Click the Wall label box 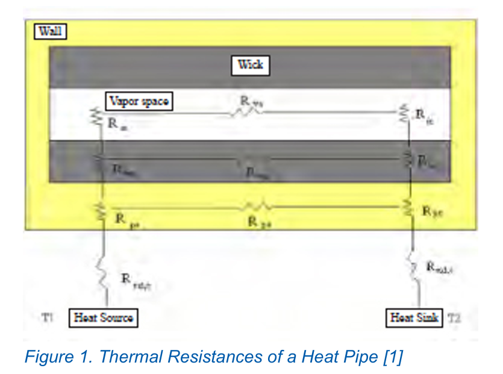[x=50, y=32]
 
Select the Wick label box [x=250, y=65]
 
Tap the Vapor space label [x=138, y=102]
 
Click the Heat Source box [x=103, y=317]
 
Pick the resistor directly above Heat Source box [x=103, y=276]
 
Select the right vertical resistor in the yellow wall [x=409, y=208]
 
